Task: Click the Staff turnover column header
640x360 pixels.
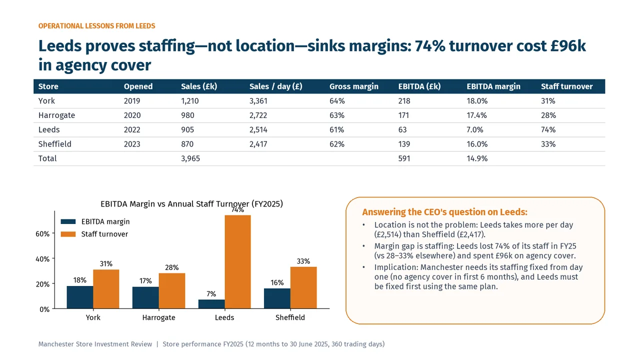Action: [x=566, y=86]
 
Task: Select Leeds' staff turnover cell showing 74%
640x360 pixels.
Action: [x=548, y=129]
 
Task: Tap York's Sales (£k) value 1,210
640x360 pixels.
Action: [x=189, y=101]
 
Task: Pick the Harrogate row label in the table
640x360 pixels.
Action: [x=56, y=115]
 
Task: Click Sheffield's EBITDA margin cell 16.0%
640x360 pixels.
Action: [x=477, y=144]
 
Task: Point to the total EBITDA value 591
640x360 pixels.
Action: [x=404, y=158]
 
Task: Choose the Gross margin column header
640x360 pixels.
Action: [x=353, y=86]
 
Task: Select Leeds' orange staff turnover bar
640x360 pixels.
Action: [x=237, y=261]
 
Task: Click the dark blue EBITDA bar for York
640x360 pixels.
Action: [x=80, y=297]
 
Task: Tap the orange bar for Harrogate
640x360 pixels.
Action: [x=172, y=291]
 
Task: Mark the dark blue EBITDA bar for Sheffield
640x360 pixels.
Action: [x=277, y=298]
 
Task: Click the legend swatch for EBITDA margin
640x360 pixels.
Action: [x=68, y=221]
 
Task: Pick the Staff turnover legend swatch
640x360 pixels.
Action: [x=68, y=234]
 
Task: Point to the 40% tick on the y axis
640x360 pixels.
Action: [x=42, y=259]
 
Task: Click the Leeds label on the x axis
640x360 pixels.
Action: [x=224, y=317]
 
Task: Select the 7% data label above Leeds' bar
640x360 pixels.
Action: [x=211, y=294]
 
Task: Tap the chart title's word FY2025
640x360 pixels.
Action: [x=267, y=204]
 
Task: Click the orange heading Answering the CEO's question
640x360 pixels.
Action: [x=444, y=212]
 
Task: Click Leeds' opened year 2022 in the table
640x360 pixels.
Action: [x=132, y=129]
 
